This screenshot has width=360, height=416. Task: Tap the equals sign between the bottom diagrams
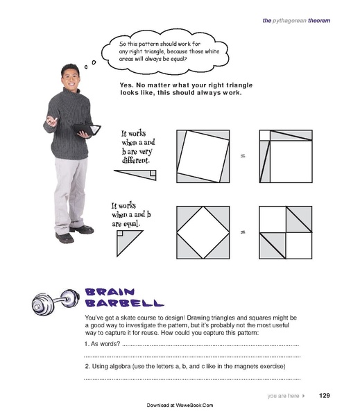(x=243, y=232)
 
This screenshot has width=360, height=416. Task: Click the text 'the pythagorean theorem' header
(x=296, y=21)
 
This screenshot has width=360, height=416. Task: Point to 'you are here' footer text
(x=283, y=397)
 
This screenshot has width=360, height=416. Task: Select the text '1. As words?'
(x=101, y=344)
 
